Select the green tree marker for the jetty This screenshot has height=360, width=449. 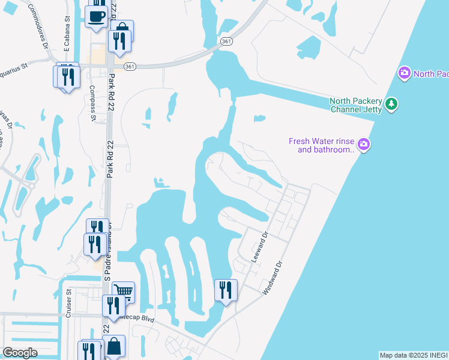tap(391, 104)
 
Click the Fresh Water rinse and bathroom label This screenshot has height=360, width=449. tap(322, 145)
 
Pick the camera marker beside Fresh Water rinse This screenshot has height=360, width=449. tap(363, 145)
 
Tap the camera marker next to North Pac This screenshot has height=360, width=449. tap(404, 74)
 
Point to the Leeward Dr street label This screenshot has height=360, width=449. tap(259, 246)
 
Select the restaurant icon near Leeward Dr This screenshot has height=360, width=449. tap(226, 290)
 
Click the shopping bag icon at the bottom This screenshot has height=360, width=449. tap(113, 346)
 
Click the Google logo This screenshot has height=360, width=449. tap(20, 353)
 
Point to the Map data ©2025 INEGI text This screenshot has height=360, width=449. tap(413, 355)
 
